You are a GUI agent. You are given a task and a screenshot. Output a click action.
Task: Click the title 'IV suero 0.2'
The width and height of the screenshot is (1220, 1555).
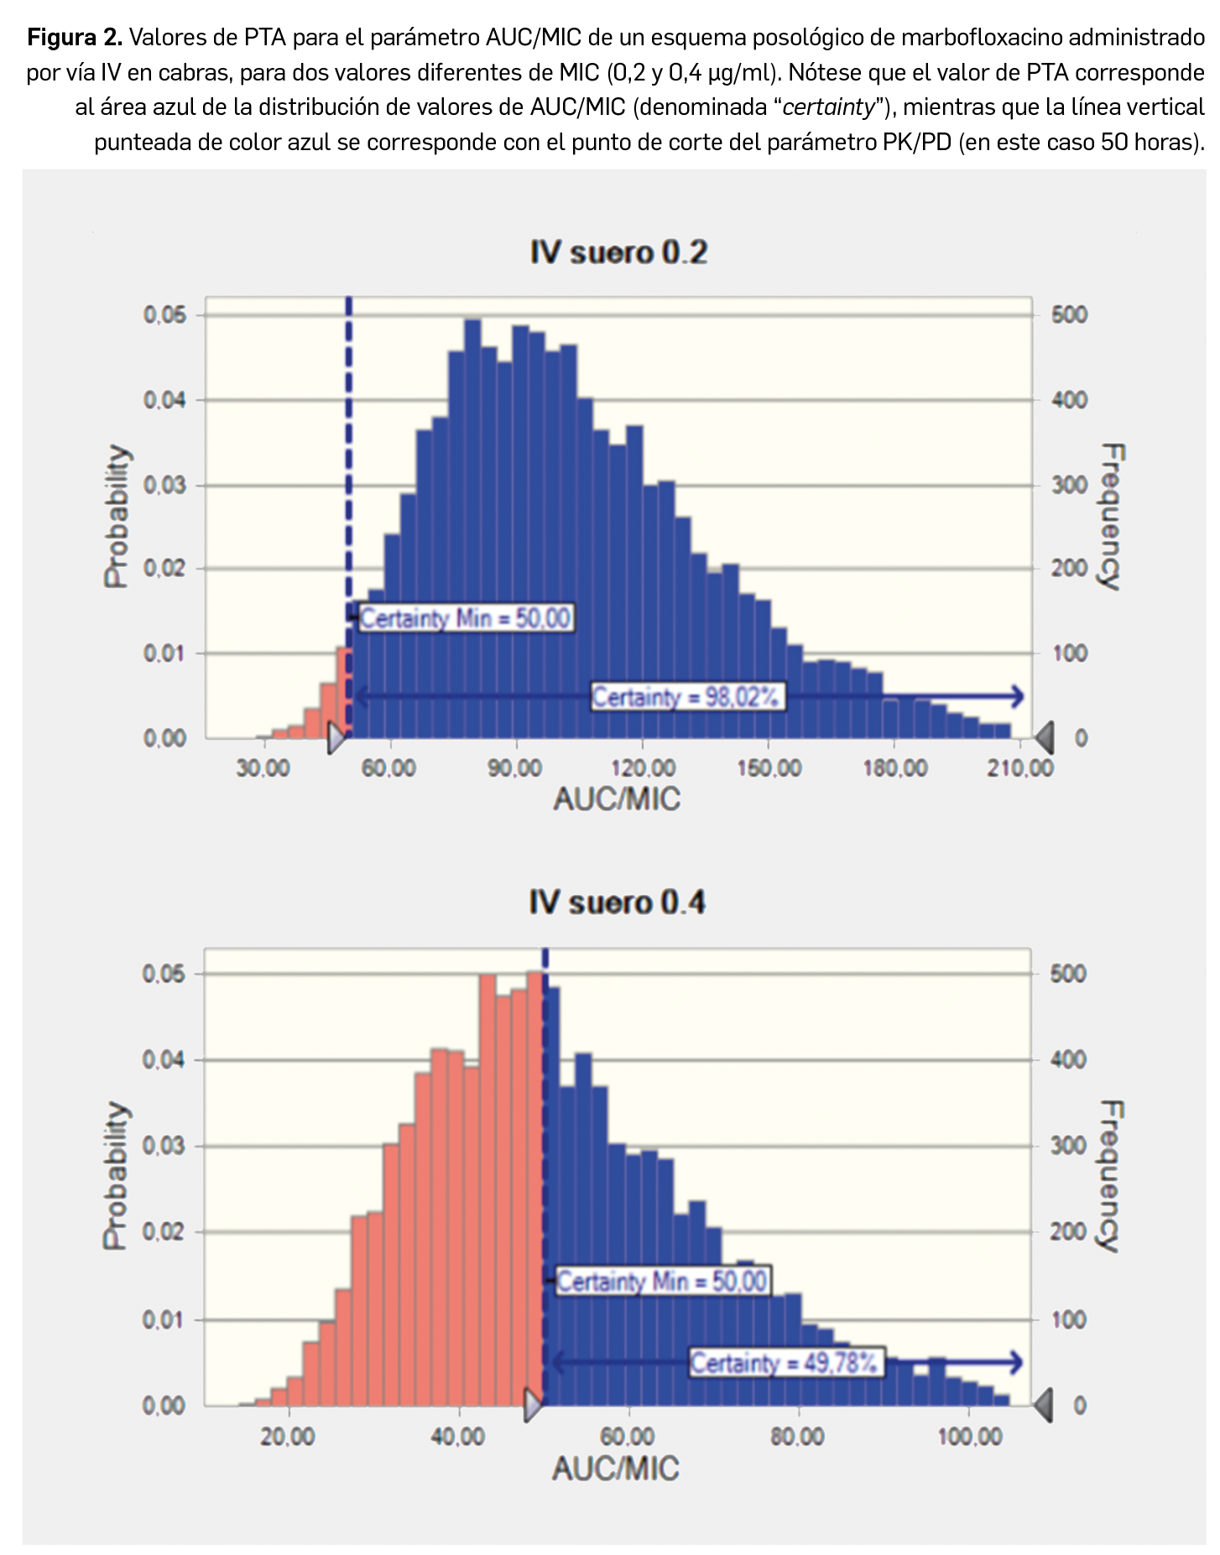(x=618, y=252)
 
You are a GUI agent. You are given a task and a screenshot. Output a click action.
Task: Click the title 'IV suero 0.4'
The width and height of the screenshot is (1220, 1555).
(x=617, y=902)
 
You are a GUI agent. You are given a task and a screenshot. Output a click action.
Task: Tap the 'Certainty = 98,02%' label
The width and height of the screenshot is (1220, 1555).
(x=687, y=696)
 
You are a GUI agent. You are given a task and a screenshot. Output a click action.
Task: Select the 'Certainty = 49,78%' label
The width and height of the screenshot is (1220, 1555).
(x=785, y=1362)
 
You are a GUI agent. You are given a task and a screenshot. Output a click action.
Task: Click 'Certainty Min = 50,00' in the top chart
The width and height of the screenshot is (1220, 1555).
(x=466, y=619)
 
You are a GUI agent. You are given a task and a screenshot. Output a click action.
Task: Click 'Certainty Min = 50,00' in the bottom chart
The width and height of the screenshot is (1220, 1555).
(x=662, y=1281)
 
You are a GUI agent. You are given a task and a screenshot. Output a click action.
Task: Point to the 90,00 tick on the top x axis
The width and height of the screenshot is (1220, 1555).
(x=515, y=767)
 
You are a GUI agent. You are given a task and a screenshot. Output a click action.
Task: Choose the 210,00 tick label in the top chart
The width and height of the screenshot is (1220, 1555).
(x=1019, y=767)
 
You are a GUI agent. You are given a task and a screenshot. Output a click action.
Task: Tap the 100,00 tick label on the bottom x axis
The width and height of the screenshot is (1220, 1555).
(x=969, y=1437)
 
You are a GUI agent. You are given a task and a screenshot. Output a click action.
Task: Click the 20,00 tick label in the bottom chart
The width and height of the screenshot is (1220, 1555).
(x=288, y=1437)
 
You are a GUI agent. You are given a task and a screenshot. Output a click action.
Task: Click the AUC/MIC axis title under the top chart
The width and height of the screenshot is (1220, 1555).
(x=617, y=798)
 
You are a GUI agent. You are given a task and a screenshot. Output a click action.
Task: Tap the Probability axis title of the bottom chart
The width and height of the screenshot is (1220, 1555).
(x=117, y=1176)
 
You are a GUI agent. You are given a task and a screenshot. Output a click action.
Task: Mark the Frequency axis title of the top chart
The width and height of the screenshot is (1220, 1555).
(x=1111, y=517)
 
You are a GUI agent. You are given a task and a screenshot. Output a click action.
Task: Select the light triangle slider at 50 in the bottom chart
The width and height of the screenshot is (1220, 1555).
(x=533, y=1405)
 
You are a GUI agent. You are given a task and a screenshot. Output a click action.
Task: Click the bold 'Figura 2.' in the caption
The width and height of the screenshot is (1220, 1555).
(x=75, y=37)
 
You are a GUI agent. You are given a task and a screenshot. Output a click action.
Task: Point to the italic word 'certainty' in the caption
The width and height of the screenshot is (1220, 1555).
(x=828, y=107)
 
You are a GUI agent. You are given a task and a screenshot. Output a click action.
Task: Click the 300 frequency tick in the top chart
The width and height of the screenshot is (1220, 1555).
(x=1069, y=485)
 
